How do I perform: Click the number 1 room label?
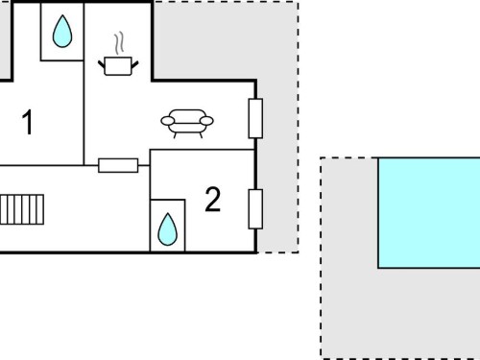click(28, 122)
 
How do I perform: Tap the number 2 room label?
click(213, 200)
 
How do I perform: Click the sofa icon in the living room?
click(187, 123)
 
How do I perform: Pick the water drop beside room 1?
click(62, 32)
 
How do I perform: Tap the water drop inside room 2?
click(167, 229)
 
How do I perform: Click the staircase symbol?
click(22, 209)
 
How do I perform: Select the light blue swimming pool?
click(429, 213)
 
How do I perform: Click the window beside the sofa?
click(255, 118)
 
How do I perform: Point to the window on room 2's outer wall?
click(255, 209)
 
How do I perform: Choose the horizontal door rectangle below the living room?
click(118, 165)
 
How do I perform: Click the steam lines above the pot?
click(119, 43)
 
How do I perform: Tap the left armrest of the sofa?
click(168, 121)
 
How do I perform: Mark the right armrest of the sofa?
click(206, 121)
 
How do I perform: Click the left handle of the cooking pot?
click(102, 64)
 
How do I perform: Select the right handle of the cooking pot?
click(135, 64)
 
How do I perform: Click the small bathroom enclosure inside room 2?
click(167, 226)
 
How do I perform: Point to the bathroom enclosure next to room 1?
click(62, 32)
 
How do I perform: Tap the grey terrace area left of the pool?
click(349, 256)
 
